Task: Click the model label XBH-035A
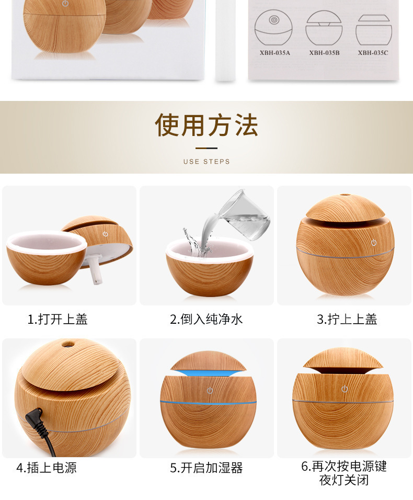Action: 274,53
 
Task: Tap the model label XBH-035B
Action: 324,53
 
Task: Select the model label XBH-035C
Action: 373,53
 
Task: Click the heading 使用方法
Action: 206,126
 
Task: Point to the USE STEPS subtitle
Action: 206,162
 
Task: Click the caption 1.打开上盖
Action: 58,319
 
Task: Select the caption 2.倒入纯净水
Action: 206,319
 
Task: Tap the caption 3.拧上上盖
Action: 347,319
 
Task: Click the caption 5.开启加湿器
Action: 206,468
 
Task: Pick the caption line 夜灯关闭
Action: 344,480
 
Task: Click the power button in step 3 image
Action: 374,242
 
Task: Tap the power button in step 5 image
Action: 210,391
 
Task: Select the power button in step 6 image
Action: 345,389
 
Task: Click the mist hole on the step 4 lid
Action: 67,345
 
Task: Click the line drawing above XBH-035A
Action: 273,29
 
